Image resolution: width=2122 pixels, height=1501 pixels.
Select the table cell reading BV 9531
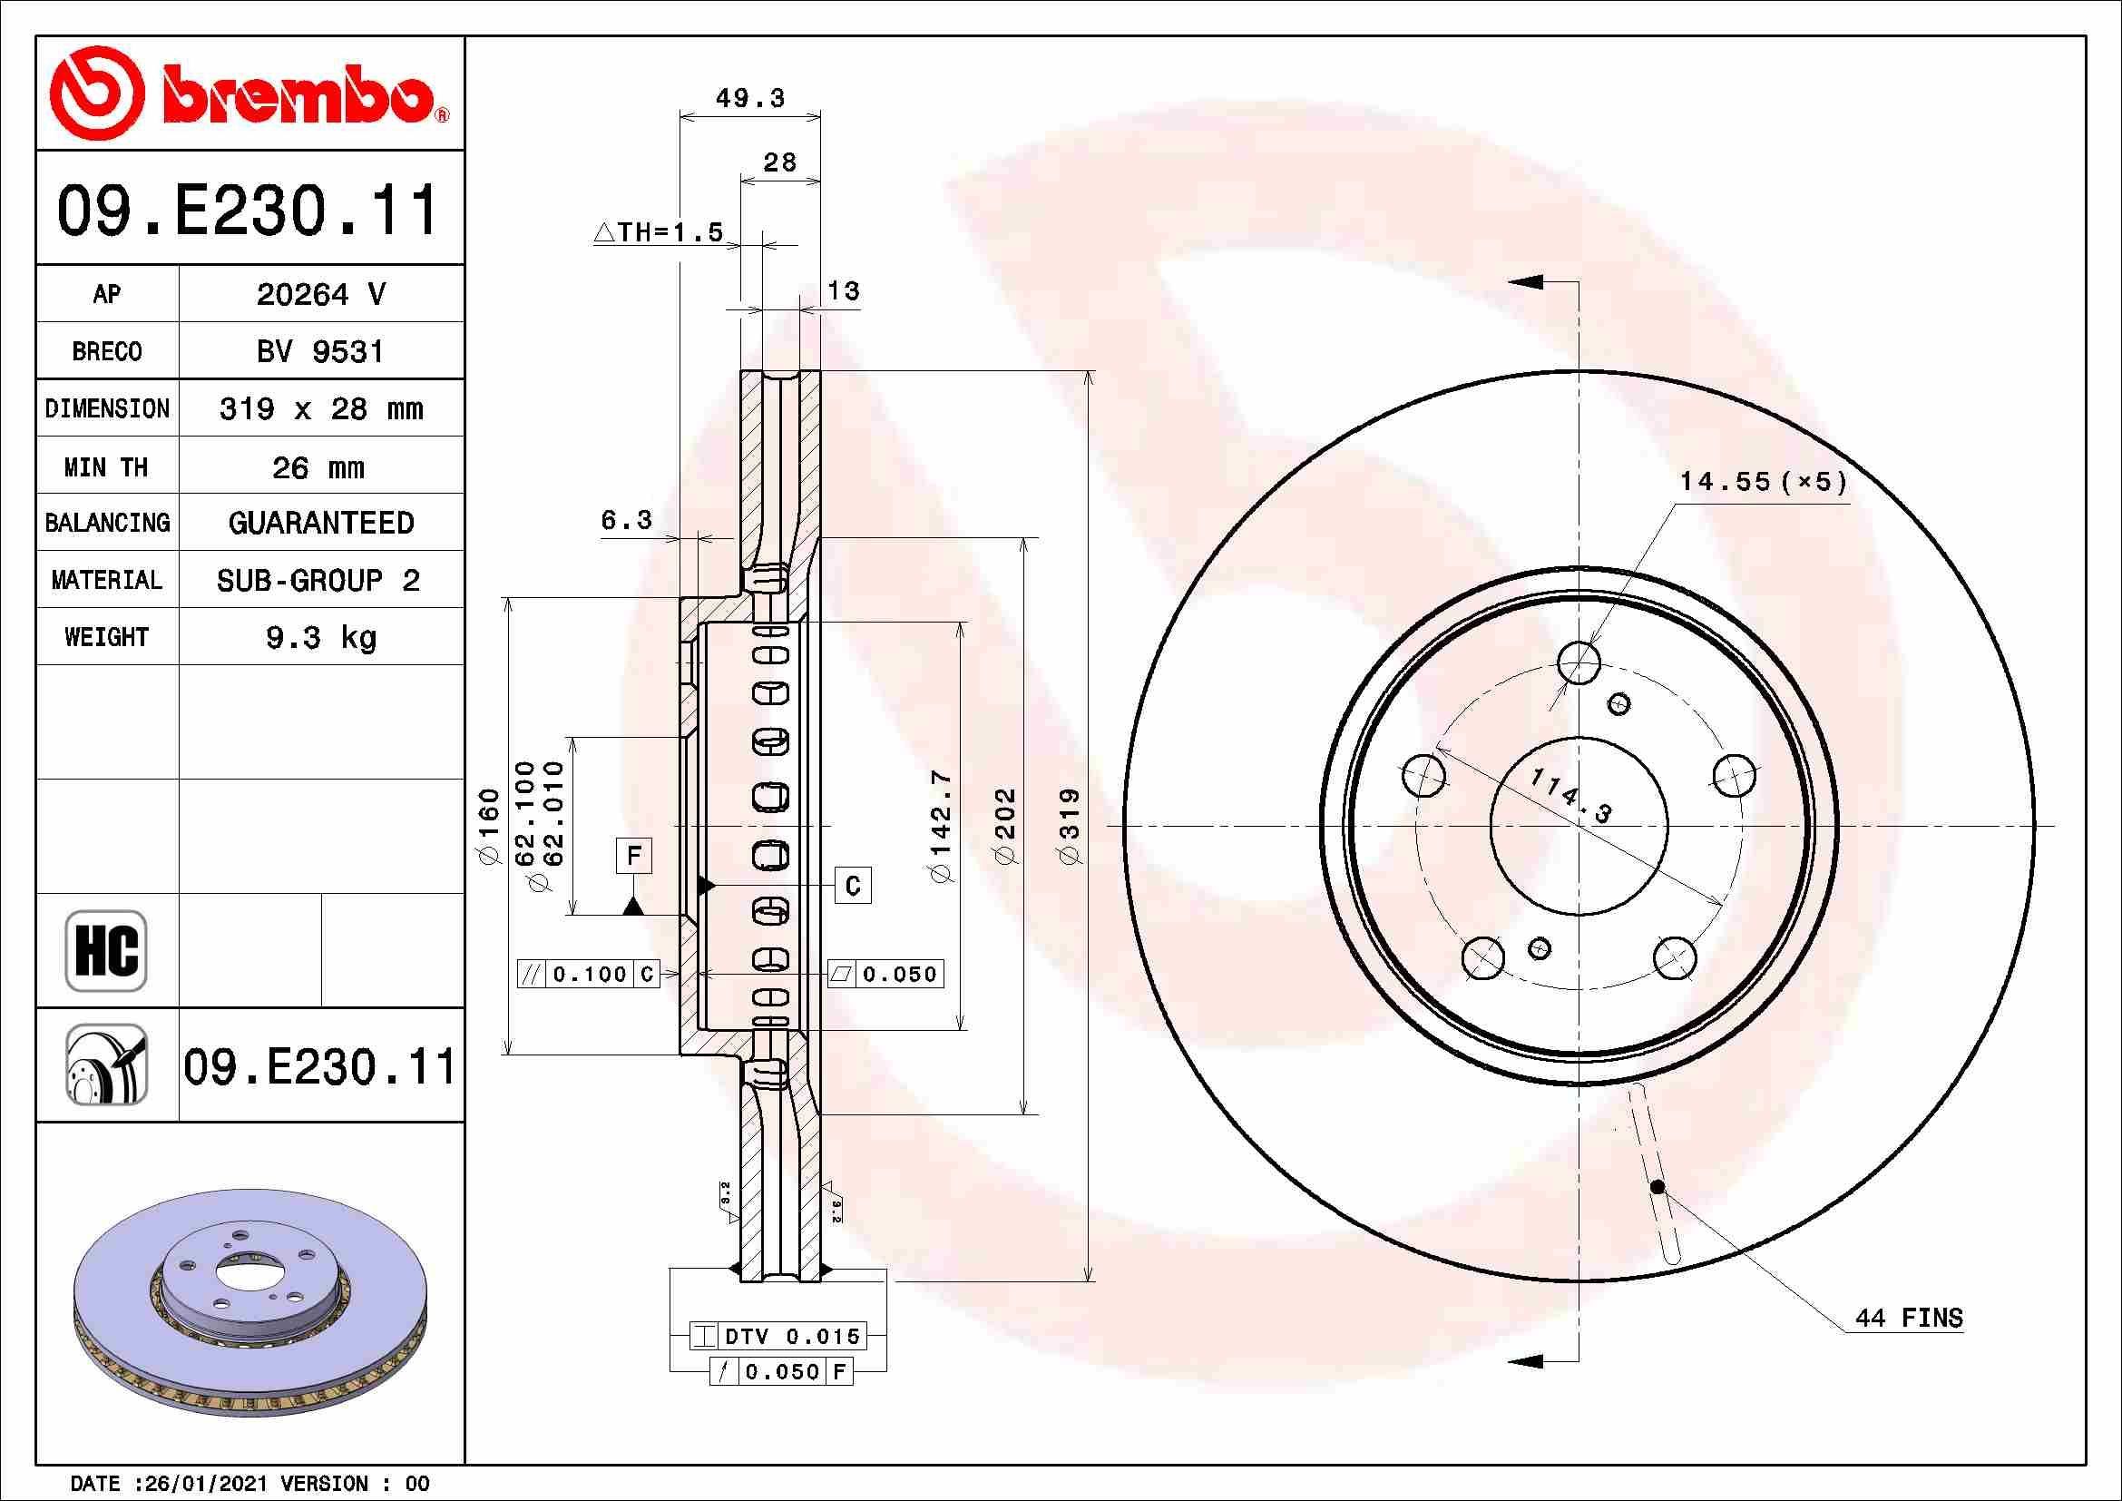coord(319,351)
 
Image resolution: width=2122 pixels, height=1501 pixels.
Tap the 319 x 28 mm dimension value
coord(319,408)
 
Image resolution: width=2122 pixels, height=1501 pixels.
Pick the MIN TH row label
coord(106,466)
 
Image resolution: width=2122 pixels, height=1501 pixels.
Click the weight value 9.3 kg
coord(319,638)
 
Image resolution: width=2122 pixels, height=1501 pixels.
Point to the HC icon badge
coord(106,950)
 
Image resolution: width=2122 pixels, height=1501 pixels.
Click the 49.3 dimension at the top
coord(749,98)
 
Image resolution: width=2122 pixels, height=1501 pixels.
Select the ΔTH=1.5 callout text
coord(658,232)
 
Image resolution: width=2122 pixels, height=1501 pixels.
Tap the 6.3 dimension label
coord(627,520)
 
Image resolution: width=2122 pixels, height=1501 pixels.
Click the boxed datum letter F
coord(633,856)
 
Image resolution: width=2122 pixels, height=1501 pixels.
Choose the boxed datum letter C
coord(852,887)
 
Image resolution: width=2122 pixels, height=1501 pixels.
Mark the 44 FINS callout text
coord(1908,1317)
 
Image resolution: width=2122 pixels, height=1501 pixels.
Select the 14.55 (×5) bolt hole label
coord(1762,482)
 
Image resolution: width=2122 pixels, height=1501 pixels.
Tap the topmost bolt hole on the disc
coord(1579,662)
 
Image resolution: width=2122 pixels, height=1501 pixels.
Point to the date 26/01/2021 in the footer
coord(200,1484)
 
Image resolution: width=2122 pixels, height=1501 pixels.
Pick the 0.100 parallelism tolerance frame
coord(589,973)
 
